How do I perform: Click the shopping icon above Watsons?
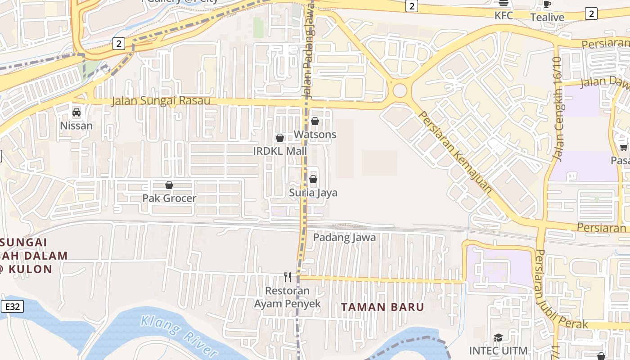pyautogui.click(x=315, y=121)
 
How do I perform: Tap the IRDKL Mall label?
pyautogui.click(x=280, y=151)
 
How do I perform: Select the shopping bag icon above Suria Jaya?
pyautogui.click(x=313, y=180)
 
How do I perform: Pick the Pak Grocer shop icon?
pyautogui.click(x=169, y=185)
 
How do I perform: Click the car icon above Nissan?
pyautogui.click(x=76, y=112)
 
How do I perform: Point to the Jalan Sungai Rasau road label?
pyautogui.click(x=161, y=101)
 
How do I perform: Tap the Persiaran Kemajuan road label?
pyautogui.click(x=455, y=152)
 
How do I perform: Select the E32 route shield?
pyautogui.click(x=12, y=307)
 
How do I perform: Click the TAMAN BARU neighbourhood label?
pyautogui.click(x=382, y=307)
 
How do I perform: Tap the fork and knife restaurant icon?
pyautogui.click(x=288, y=277)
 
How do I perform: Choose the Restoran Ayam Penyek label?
pyautogui.click(x=288, y=297)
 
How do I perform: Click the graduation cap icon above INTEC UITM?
pyautogui.click(x=498, y=337)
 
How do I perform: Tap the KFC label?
pyautogui.click(x=504, y=16)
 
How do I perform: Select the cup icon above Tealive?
pyautogui.click(x=547, y=4)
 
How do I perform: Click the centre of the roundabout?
pyautogui.click(x=400, y=90)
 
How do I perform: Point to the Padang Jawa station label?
pyautogui.click(x=344, y=237)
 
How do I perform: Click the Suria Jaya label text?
pyautogui.click(x=313, y=193)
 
